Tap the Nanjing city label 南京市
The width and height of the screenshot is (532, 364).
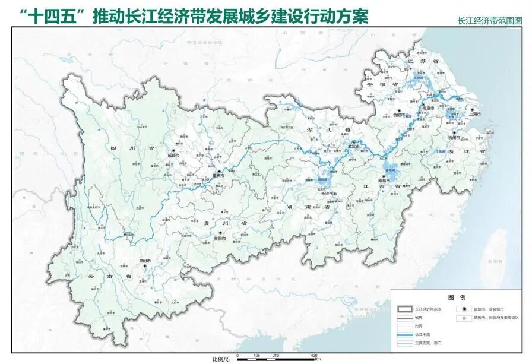pyautogui.click(x=428, y=109)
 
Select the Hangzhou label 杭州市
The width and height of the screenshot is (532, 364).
pyautogui.click(x=454, y=138)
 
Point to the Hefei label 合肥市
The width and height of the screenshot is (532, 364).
pyautogui.click(x=398, y=115)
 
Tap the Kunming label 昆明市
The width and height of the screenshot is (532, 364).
pyautogui.click(x=145, y=261)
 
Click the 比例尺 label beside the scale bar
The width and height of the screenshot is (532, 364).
pyautogui.click(x=221, y=359)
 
